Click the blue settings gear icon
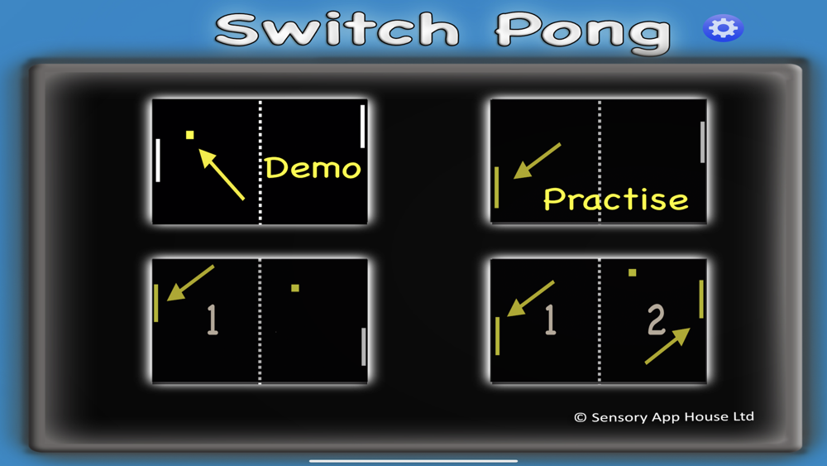(723, 28)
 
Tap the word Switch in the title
(337, 30)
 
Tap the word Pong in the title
(583, 33)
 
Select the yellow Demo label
(313, 168)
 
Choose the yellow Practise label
(615, 199)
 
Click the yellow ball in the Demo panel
(190, 135)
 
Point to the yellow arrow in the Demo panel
(222, 174)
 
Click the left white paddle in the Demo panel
(158, 161)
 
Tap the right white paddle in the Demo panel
(362, 127)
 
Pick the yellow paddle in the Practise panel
(496, 187)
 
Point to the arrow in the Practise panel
(537, 161)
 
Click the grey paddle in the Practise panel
(702, 142)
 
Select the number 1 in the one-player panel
(212, 319)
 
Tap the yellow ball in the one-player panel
(295, 288)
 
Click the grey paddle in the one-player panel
(363, 347)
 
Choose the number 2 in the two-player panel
(656, 319)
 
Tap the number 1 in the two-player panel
(550, 319)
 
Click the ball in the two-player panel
(633, 273)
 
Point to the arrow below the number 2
(667, 346)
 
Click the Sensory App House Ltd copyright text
(664, 417)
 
